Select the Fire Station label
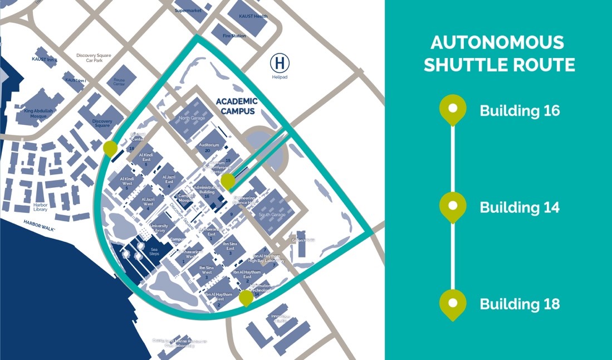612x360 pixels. (x=234, y=36)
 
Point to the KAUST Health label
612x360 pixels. (x=253, y=16)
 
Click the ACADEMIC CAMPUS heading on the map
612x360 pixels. (x=237, y=106)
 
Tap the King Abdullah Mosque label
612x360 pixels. (x=40, y=113)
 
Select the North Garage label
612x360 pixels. (x=192, y=118)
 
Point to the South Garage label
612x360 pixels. (x=272, y=215)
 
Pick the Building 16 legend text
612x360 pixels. (x=520, y=110)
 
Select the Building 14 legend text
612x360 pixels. (x=520, y=207)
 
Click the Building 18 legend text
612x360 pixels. (x=520, y=304)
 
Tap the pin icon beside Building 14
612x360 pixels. (x=453, y=206)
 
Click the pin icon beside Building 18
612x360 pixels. (x=453, y=303)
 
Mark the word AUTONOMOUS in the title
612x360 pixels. (x=497, y=42)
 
